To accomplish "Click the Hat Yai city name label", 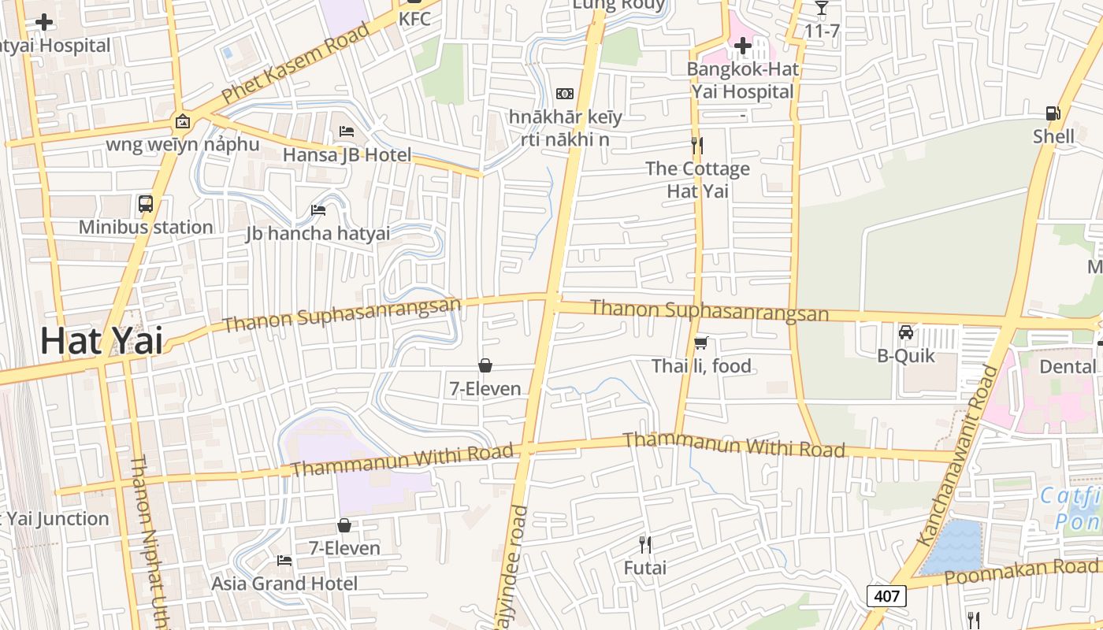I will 102,341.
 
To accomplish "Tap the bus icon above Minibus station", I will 146,204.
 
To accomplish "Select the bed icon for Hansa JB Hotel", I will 347,132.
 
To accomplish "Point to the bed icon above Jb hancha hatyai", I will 318,209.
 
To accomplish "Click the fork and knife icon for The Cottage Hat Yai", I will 697,146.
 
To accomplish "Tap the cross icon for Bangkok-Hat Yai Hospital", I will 742,46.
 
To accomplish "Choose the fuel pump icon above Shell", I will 1053,113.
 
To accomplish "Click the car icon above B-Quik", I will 906,332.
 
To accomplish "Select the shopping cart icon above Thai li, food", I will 701,343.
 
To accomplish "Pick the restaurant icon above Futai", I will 644,544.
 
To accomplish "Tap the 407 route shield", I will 886,596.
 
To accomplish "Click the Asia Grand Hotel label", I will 284,584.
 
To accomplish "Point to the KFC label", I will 415,18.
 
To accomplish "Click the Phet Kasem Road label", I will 295,64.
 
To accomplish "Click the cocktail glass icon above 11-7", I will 822,8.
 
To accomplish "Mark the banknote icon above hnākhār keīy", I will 565,94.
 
